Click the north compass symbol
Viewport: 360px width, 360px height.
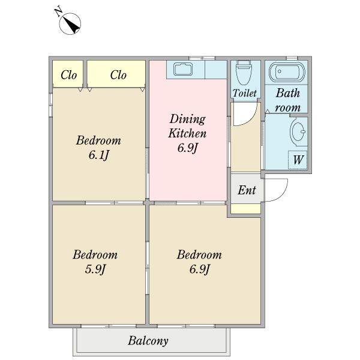coord(70,24)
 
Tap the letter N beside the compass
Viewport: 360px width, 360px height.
coord(59,12)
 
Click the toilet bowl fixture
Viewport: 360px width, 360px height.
coord(244,72)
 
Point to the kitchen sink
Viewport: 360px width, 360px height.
coord(185,68)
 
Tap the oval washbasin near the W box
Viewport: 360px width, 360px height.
coord(298,131)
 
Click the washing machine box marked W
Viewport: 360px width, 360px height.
coord(298,160)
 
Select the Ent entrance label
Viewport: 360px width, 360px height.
coord(247,190)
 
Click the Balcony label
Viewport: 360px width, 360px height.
coord(148,341)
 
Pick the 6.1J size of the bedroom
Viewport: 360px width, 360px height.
coord(98,155)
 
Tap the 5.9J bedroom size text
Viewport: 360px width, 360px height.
coord(95,269)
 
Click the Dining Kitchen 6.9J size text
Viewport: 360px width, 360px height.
coord(187,148)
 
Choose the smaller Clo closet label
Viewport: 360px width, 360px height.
coord(68,75)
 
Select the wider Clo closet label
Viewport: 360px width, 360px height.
coord(118,75)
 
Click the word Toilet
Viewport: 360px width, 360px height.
coord(245,93)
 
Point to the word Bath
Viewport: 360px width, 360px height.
coord(287,93)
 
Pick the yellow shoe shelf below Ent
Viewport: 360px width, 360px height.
coord(245,209)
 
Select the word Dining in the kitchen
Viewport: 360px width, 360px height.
coord(188,119)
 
